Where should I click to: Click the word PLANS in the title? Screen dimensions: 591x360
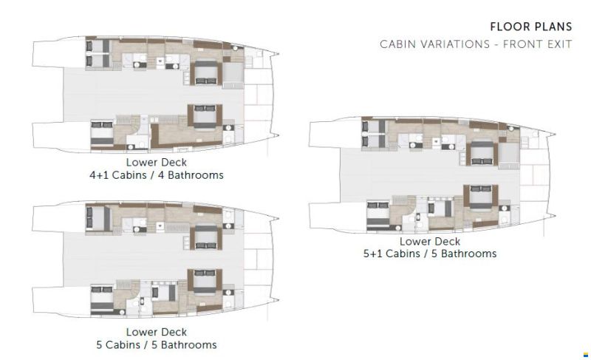(553, 27)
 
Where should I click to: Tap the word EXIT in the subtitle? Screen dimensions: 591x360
(559, 44)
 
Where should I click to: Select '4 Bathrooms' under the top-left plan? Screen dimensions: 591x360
(191, 175)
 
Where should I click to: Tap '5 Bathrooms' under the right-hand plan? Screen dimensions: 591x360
(464, 254)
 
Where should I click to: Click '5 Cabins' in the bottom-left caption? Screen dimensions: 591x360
(118, 345)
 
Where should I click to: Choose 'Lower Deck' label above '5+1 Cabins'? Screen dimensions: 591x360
(430, 241)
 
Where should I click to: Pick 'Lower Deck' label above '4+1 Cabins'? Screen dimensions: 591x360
(157, 163)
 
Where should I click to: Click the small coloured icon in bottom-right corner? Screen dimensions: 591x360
(585, 354)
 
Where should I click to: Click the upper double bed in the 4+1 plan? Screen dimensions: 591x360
(206, 72)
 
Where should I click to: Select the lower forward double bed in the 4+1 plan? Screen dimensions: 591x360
(205, 117)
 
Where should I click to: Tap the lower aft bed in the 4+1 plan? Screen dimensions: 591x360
(102, 134)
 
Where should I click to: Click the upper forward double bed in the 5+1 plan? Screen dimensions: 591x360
(482, 153)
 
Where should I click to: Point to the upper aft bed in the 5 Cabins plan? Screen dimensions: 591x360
(98, 218)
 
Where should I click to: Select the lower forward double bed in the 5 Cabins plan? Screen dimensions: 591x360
(205, 281)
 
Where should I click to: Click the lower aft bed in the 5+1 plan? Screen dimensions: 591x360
(378, 215)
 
